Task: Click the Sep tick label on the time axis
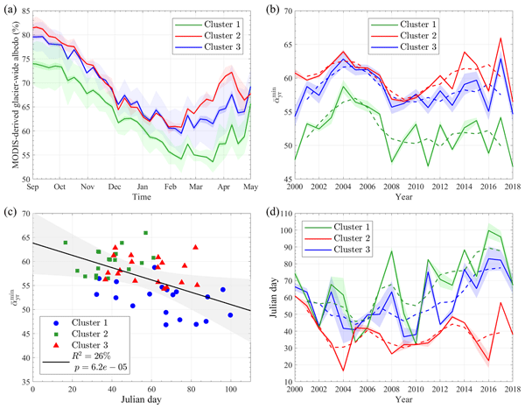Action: (x=32, y=187)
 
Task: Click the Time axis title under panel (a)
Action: (x=140, y=199)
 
